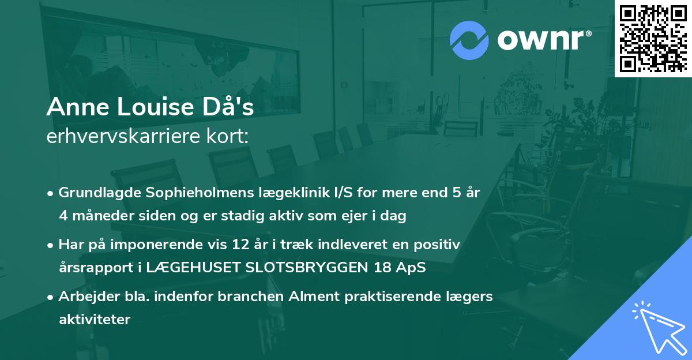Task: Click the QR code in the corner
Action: (653, 38)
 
